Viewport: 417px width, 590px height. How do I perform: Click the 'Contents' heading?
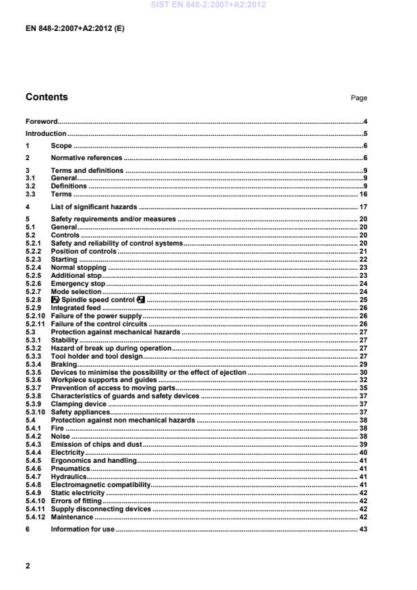point(46,98)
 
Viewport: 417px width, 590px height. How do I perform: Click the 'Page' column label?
point(358,98)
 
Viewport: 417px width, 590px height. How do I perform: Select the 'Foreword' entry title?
point(41,121)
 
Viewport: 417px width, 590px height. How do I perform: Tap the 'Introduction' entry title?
point(46,133)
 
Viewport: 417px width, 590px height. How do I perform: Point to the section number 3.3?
point(31,194)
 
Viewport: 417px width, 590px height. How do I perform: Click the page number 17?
point(362,207)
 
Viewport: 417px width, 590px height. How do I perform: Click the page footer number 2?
point(28,566)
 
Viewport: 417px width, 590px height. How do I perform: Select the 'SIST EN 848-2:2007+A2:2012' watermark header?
point(208,5)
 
